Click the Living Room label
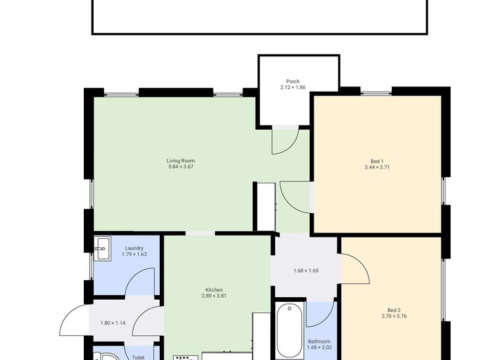(180, 160)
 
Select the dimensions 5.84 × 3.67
(180, 167)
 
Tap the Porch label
(293, 81)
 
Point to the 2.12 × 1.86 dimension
(293, 87)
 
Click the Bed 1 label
(377, 160)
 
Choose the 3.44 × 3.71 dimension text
(377, 167)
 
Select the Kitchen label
(214, 289)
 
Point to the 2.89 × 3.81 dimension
(214, 296)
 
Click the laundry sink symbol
(102, 246)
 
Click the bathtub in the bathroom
(289, 331)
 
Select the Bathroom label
(319, 341)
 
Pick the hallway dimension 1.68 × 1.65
(306, 270)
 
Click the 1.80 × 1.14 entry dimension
(113, 323)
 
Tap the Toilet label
(138, 357)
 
